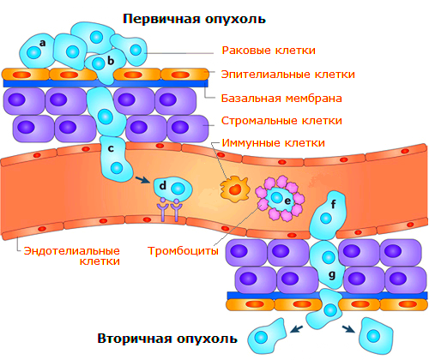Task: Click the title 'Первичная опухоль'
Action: click(x=194, y=19)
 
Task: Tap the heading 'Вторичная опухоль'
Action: click(x=167, y=339)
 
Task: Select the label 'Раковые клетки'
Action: click(x=269, y=51)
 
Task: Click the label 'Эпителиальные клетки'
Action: click(x=288, y=75)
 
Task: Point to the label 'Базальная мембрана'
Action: click(x=281, y=99)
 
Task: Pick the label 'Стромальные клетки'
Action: click(x=281, y=121)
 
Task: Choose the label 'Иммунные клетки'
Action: click(x=274, y=143)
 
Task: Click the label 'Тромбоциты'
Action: click(x=183, y=251)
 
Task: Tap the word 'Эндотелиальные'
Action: click(x=71, y=250)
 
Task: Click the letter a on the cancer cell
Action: click(x=43, y=43)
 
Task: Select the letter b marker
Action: click(x=111, y=61)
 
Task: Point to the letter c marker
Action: click(x=111, y=148)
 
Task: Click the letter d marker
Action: click(x=163, y=185)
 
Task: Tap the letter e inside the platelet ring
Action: click(x=287, y=201)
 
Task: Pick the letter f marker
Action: click(x=333, y=204)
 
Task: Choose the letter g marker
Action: click(x=332, y=275)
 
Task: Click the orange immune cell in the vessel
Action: click(x=235, y=189)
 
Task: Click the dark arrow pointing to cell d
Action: click(x=142, y=180)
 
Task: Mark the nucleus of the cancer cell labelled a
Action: click(x=33, y=53)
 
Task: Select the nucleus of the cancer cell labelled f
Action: click(x=326, y=219)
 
